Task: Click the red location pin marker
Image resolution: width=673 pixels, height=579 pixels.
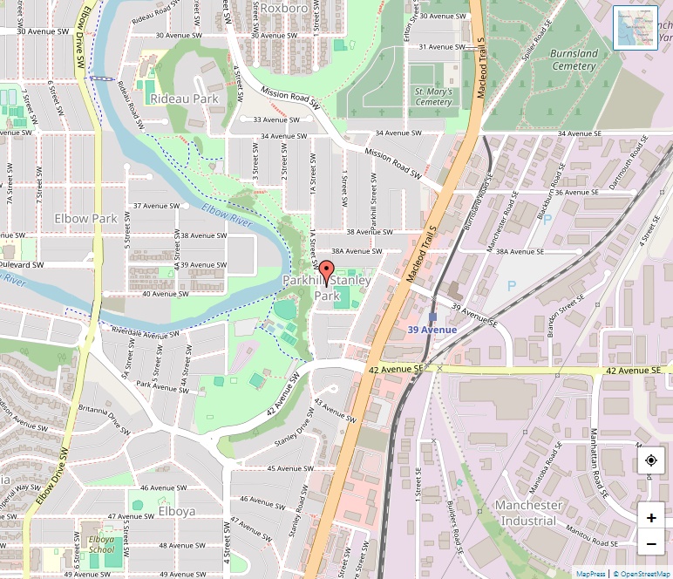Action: (327, 272)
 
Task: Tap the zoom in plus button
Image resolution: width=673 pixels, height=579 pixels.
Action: (651, 517)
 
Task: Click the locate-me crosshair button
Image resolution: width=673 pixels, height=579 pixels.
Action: (651, 460)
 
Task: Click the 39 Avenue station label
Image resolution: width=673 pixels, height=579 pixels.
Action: (432, 330)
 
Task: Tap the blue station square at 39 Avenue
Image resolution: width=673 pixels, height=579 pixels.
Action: (432, 317)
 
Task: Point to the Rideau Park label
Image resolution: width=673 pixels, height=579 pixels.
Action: (184, 99)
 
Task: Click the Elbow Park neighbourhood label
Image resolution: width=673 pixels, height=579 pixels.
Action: (85, 218)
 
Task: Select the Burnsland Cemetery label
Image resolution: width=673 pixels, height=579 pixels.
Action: (574, 59)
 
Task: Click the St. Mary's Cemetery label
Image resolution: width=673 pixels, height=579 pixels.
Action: (433, 96)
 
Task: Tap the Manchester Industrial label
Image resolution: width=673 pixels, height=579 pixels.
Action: (528, 513)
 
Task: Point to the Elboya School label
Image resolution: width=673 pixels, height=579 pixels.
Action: (101, 544)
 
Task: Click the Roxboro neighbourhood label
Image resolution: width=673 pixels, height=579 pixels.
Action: (284, 8)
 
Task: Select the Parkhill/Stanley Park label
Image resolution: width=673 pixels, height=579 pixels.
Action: (327, 289)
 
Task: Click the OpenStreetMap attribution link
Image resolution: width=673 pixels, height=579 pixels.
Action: (641, 574)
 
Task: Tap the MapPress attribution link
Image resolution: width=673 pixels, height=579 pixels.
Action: (590, 574)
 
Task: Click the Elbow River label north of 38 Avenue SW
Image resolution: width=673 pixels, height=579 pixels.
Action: (227, 215)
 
